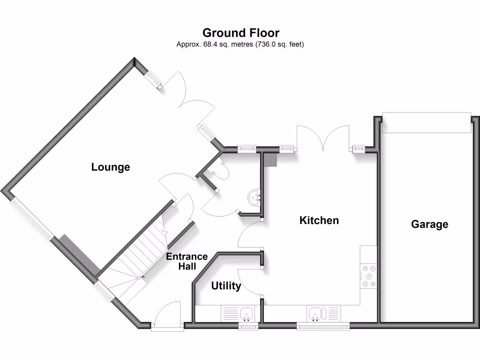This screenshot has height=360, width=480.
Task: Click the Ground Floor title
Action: (x=240, y=33)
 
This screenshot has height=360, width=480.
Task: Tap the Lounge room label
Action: (x=111, y=167)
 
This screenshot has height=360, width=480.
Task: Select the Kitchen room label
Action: (x=319, y=220)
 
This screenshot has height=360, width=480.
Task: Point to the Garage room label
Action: (x=429, y=224)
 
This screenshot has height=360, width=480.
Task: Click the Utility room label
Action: (x=226, y=286)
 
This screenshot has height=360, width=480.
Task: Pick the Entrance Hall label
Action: (x=187, y=261)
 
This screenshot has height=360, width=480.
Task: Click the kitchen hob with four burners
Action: (x=368, y=276)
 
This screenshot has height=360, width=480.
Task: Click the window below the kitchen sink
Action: (x=323, y=326)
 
